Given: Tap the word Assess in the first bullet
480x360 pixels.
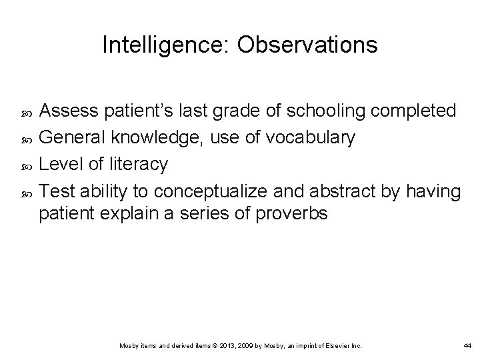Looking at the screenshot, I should [x=68, y=110].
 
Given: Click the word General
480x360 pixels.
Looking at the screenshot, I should [x=73, y=137].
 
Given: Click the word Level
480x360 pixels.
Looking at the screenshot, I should [x=58, y=164].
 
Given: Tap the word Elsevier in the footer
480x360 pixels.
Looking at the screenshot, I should [x=340, y=345].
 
